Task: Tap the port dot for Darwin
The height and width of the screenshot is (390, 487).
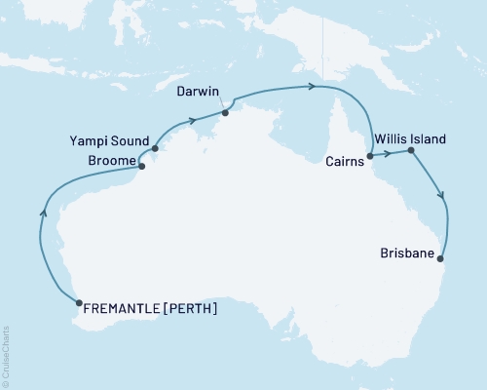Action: pos(225,112)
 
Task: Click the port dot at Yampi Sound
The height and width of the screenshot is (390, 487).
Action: pos(156,149)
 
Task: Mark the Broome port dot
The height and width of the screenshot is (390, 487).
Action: pos(142,166)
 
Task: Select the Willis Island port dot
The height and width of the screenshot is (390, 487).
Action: pos(411,151)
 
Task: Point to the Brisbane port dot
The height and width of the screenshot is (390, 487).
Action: pos(442,259)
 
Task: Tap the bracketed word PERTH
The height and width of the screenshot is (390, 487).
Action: pos(191,310)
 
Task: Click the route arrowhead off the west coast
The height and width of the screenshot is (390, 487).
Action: pos(42,206)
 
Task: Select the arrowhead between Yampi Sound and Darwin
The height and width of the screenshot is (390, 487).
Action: pos(193,121)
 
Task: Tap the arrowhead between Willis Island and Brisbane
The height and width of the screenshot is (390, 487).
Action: pos(443,195)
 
